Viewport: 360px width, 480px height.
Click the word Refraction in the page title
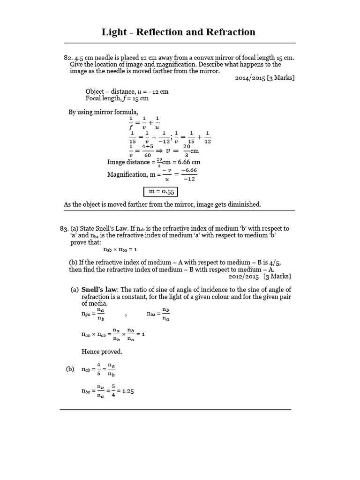pos(229,32)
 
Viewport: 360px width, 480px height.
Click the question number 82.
pos(68,57)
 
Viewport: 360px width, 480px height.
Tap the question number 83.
pos(64,228)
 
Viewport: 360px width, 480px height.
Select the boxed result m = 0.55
pos(160,192)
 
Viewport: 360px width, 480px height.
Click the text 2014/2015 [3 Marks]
pos(265,78)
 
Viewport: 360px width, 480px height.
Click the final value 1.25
pos(128,391)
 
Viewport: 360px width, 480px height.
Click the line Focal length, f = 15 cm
pos(117,98)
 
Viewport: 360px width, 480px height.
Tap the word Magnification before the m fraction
pos(127,174)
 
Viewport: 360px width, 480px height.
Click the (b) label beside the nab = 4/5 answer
pos(70,369)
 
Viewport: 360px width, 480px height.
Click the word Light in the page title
pos(114,32)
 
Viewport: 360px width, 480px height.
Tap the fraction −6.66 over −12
pos(191,174)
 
